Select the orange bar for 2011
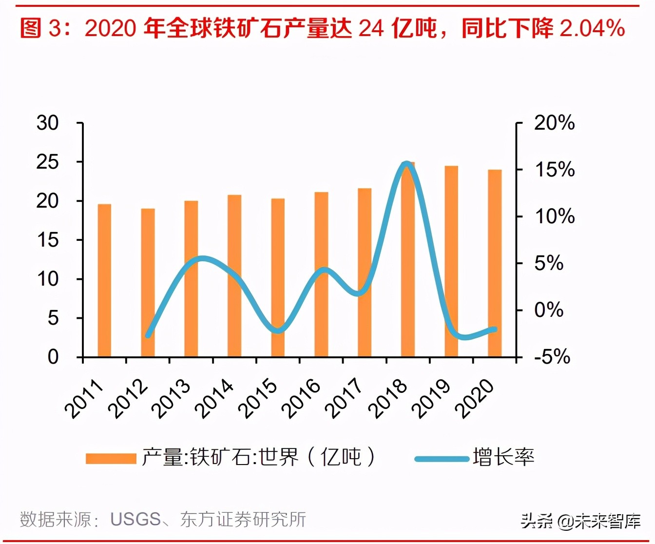(104, 280)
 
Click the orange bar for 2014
(234, 276)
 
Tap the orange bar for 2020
(495, 263)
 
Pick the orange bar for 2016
(321, 274)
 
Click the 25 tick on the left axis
(47, 162)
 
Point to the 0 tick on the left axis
(53, 357)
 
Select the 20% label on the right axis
(554, 123)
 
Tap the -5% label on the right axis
(552, 357)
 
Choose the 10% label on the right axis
(554, 216)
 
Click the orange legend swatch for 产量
(111, 459)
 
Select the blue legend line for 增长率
(442, 459)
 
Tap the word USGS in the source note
(135, 520)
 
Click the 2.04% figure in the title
(592, 28)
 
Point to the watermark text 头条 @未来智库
(580, 521)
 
